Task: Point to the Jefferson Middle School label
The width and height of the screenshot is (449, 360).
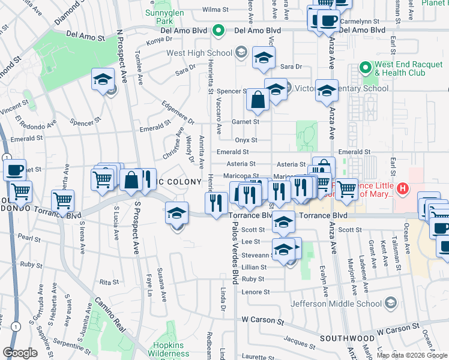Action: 337,303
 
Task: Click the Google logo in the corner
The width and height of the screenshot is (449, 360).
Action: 20,353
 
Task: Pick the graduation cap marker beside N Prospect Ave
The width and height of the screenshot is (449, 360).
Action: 103,80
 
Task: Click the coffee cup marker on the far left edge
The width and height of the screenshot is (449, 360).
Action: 14,170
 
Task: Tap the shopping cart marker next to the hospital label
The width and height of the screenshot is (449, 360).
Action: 346,190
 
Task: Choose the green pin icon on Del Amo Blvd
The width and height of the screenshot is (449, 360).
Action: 218,29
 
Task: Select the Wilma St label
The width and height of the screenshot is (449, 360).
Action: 215,10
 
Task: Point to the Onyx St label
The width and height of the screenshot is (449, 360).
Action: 246,140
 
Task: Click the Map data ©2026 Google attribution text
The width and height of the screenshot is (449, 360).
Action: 412,355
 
